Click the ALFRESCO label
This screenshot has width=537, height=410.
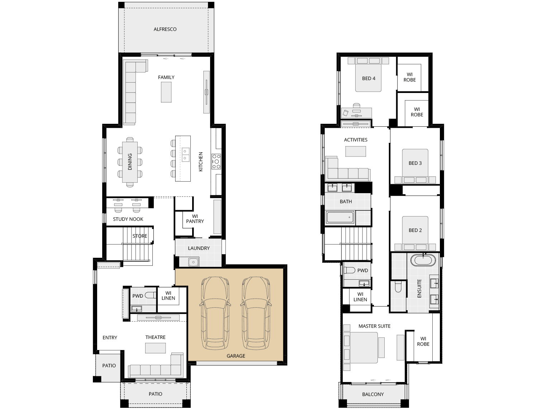click(x=165, y=29)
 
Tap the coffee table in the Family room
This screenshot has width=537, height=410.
click(x=166, y=92)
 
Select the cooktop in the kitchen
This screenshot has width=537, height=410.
click(x=216, y=162)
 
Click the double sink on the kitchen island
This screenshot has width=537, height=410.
click(x=185, y=155)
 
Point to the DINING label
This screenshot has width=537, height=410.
click(x=130, y=162)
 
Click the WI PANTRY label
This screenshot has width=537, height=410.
click(x=195, y=219)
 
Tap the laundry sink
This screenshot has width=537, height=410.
click(x=193, y=262)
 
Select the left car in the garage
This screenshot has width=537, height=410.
click(x=215, y=313)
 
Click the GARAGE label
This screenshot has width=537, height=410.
click(x=236, y=356)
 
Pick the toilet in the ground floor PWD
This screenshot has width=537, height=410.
click(x=150, y=295)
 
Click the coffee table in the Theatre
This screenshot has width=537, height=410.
click(x=155, y=348)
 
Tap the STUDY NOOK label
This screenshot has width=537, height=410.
click(x=128, y=219)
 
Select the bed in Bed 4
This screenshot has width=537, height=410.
click(x=369, y=75)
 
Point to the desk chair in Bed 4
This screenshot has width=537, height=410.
click(x=356, y=106)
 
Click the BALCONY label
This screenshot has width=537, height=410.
click(x=373, y=394)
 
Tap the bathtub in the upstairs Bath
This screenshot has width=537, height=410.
click(x=340, y=218)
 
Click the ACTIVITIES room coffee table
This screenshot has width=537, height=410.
click(x=356, y=152)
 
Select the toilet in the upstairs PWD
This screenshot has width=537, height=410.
click(x=350, y=270)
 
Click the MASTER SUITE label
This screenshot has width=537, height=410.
click(x=374, y=326)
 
